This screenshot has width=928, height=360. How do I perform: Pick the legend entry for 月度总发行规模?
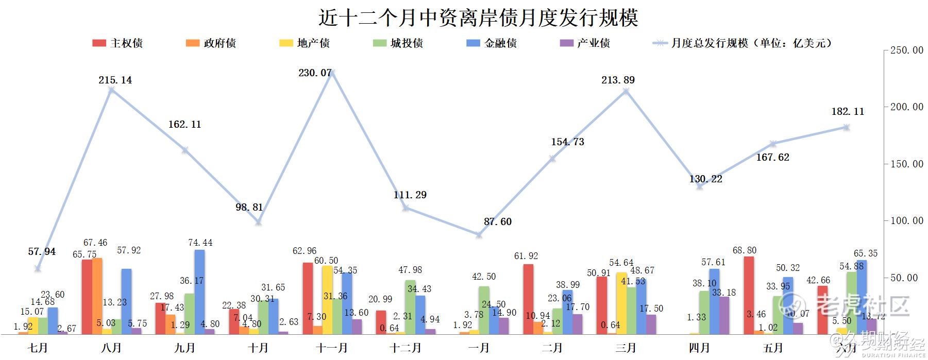click(742, 43)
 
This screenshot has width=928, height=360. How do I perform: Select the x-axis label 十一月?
click(332, 348)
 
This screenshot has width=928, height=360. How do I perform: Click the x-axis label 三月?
click(626, 348)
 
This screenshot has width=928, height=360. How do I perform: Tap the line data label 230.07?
click(315, 73)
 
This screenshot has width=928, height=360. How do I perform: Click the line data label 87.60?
click(497, 222)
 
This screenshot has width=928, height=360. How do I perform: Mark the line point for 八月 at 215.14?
click(111, 90)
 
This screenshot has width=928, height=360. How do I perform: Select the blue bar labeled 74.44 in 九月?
click(199, 292)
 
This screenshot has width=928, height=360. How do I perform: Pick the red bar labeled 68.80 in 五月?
click(749, 295)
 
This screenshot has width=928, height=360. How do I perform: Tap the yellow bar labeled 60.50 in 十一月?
click(327, 299)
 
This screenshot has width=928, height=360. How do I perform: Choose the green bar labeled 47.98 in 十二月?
click(410, 306)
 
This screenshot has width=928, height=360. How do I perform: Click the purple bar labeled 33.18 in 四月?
click(724, 315)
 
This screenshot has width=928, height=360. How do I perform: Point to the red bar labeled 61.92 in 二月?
click(528, 299)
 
